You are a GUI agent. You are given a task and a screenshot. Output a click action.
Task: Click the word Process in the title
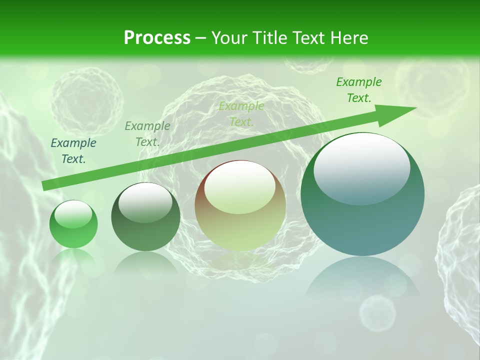click(157, 38)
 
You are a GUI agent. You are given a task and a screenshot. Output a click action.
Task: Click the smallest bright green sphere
click(73, 224)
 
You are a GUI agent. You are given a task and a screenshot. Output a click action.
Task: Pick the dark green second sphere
click(145, 217)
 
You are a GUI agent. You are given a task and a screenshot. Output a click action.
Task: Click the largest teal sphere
click(362, 194)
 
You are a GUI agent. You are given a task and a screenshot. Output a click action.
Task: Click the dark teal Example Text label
click(73, 151)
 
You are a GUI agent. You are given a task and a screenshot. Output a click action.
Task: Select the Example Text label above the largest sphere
click(359, 90)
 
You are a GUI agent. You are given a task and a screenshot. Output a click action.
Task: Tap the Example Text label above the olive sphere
click(241, 113)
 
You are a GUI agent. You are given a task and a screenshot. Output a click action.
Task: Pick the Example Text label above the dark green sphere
click(147, 134)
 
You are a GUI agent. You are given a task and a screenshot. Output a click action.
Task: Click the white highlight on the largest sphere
click(361, 169)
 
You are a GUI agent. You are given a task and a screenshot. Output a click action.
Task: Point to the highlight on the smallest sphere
click(73, 214)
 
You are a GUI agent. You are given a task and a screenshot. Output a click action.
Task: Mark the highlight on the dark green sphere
click(145, 202)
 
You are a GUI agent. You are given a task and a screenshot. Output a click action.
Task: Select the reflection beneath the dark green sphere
click(145, 262)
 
